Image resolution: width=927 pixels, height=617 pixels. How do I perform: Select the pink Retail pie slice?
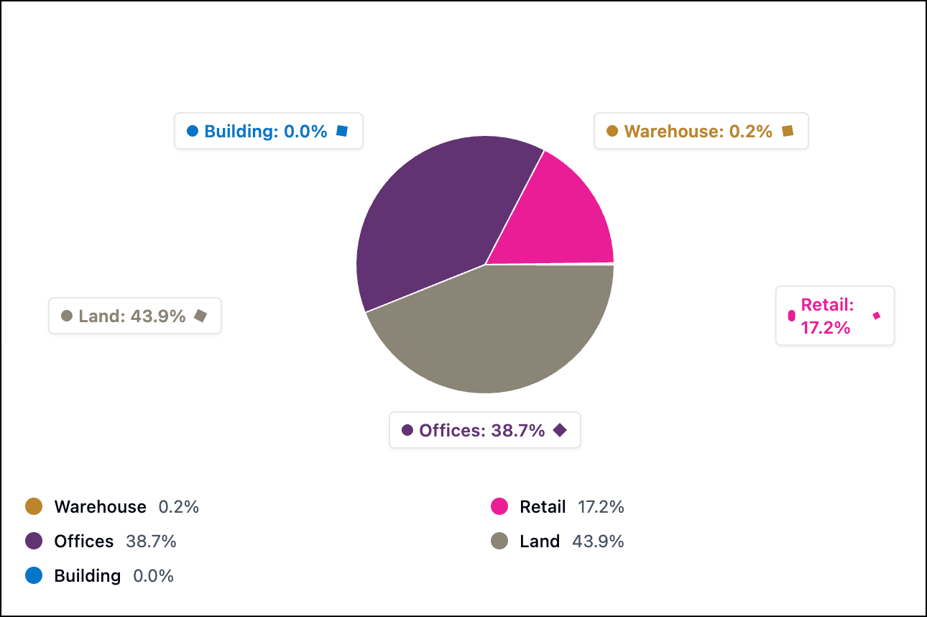(561, 216)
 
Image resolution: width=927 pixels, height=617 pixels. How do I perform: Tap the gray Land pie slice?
(489, 331)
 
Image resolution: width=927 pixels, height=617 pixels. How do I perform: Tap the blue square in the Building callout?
(342, 131)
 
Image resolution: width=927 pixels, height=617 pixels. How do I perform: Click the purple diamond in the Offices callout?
(560, 430)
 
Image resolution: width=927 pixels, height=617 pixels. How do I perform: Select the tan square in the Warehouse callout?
(788, 131)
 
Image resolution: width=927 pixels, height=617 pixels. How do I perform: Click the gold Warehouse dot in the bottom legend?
(34, 507)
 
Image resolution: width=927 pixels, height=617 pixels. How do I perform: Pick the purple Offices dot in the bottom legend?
(34, 541)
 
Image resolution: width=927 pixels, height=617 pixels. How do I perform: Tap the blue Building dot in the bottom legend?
(34, 576)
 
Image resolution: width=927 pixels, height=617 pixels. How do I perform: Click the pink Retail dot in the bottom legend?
(499, 507)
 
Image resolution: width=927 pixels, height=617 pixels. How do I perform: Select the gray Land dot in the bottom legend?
(499, 541)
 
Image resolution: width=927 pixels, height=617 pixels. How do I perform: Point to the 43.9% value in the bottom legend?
(598, 541)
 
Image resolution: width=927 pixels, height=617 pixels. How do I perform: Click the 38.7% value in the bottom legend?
(151, 541)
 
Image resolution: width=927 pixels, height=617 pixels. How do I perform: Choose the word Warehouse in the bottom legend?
(100, 507)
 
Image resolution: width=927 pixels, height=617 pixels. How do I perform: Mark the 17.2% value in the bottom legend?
(601, 507)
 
